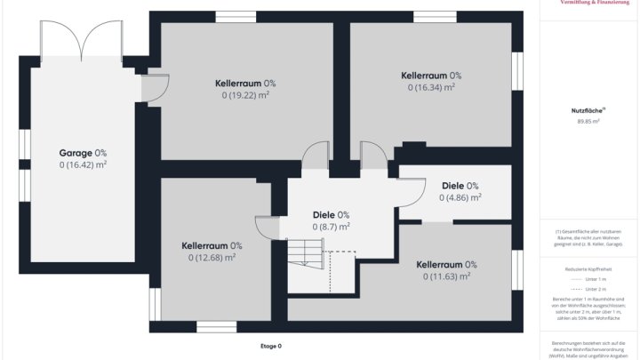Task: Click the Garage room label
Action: pos(83,153)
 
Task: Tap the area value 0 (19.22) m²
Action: pos(244,95)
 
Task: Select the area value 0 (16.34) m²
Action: pos(431,87)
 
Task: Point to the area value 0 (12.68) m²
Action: pos(212,258)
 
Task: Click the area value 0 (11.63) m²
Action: pos(446,276)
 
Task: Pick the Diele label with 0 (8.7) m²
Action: pos(331,214)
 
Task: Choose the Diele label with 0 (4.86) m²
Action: pos(460,186)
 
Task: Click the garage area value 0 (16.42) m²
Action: pos(83,164)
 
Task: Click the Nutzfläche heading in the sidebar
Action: pos(588,110)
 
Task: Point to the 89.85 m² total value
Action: pos(588,121)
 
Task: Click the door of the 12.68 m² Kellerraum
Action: pos(268,228)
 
